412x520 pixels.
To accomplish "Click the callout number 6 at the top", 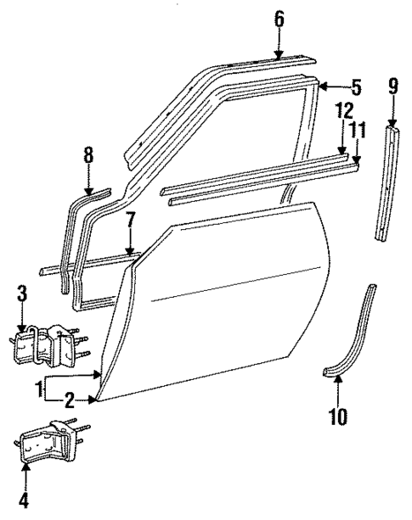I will point(279,18).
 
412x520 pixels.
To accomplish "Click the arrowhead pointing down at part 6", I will point(279,54).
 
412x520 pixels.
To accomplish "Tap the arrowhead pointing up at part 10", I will point(337,381).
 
